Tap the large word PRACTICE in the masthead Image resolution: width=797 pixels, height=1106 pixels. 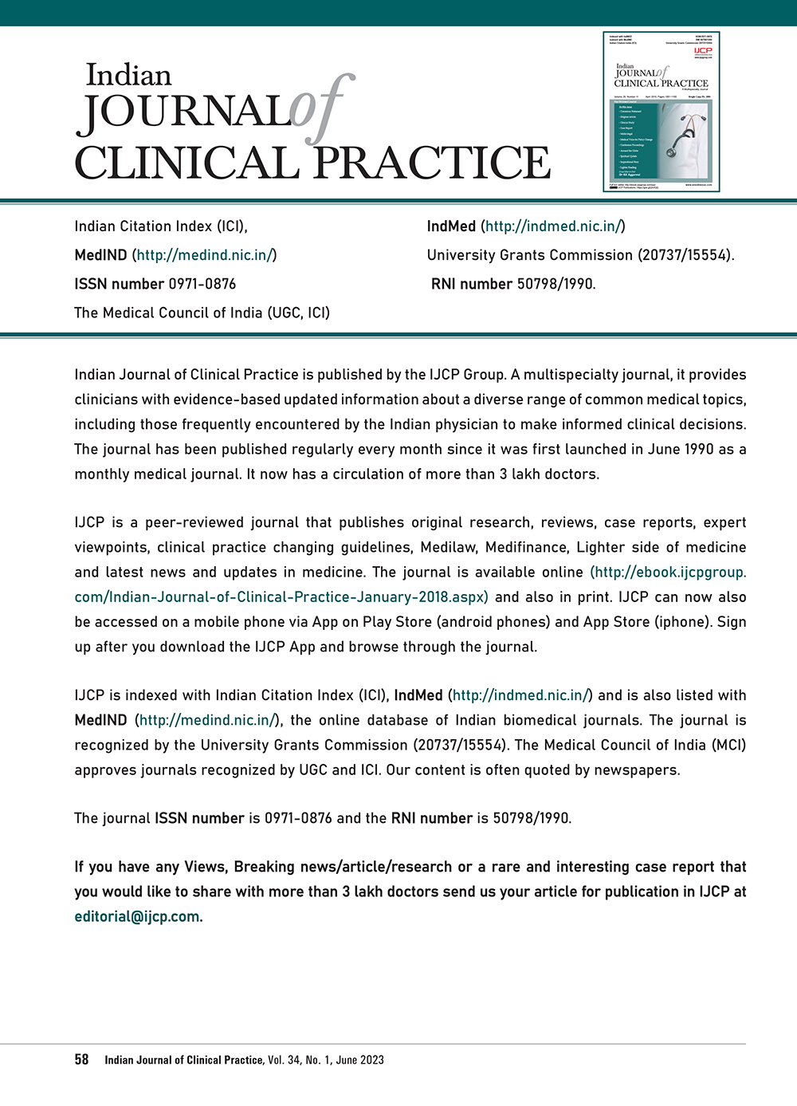pyautogui.click(x=431, y=163)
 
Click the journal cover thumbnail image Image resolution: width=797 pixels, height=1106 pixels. pyautogui.click(x=662, y=112)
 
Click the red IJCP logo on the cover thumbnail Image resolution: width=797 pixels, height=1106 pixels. pyautogui.click(x=702, y=50)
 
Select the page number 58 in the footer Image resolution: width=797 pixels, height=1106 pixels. pyautogui.click(x=81, y=1060)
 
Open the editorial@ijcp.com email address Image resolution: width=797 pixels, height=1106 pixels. pyautogui.click(x=137, y=916)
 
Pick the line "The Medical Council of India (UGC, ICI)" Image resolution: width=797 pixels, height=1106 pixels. pyautogui.click(x=202, y=313)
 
